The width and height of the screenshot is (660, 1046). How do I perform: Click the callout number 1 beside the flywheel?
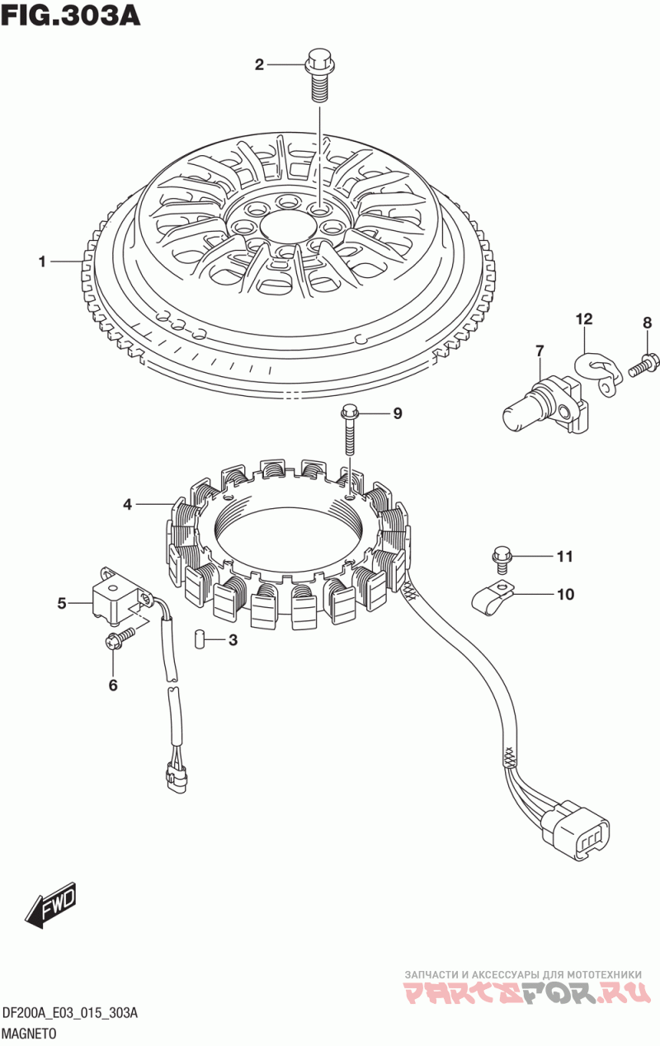click(x=42, y=262)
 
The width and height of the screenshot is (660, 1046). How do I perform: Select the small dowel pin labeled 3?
click(x=199, y=638)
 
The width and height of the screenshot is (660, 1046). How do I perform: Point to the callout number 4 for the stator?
click(x=128, y=504)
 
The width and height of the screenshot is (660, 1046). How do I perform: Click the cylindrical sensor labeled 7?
click(x=545, y=405)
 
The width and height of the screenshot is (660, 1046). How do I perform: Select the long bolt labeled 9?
click(x=350, y=430)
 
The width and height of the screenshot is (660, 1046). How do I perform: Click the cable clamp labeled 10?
click(x=493, y=595)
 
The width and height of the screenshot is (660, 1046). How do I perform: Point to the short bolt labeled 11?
click(x=502, y=561)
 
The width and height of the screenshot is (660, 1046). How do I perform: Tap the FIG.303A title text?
click(x=70, y=16)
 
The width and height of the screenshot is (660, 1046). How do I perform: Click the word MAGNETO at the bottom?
click(x=30, y=1034)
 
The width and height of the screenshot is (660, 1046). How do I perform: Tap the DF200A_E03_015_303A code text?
click(x=70, y=1014)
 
